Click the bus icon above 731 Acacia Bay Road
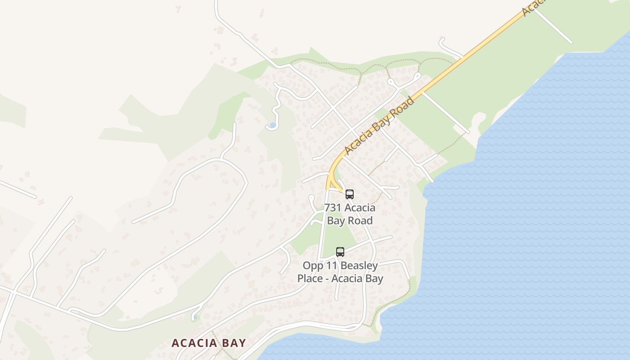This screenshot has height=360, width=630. pyautogui.click(x=349, y=194)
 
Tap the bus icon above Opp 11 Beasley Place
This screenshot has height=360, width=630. pyautogui.click(x=340, y=252)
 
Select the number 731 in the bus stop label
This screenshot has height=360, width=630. pyautogui.click(x=333, y=208)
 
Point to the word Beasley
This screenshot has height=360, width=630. pyautogui.click(x=359, y=265)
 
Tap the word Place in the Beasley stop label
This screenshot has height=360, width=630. pyautogui.click(x=310, y=279)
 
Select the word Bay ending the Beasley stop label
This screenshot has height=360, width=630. pyautogui.click(x=374, y=279)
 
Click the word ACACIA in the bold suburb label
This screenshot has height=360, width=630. pyautogui.click(x=194, y=343)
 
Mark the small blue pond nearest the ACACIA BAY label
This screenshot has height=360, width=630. pyautogui.click(x=194, y=318)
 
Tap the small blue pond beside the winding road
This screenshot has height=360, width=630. pyautogui.click(x=272, y=125)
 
